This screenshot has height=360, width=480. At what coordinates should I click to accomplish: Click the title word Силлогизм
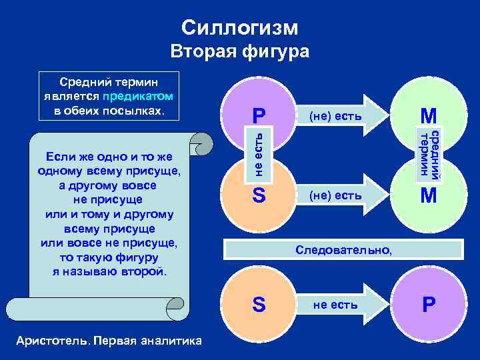240,27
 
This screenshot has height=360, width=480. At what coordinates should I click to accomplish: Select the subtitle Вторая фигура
240,51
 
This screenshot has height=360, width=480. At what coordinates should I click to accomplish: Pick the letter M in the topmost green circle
427,116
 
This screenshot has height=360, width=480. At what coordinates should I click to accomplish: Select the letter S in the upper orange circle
259,196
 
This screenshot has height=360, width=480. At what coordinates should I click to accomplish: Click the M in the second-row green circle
427,196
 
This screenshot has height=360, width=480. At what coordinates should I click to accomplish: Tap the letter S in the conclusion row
259,304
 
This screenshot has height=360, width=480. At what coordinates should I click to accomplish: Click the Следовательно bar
344,249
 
